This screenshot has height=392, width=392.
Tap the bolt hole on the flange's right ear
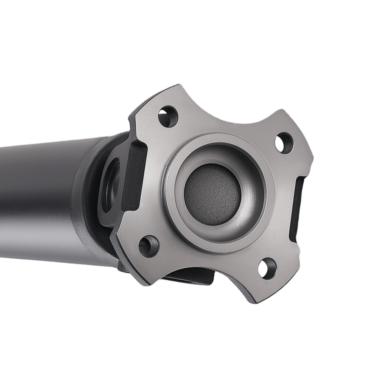[x=284, y=143]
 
